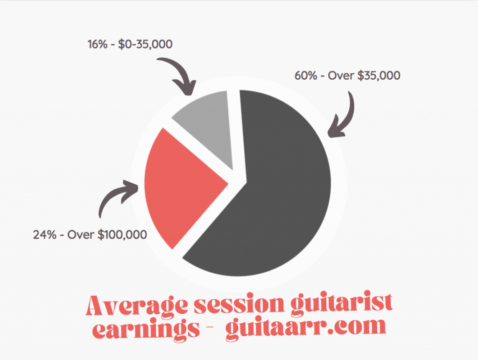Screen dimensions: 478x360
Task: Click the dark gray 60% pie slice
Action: [x=274, y=195]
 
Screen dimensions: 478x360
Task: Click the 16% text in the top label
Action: [x=98, y=44]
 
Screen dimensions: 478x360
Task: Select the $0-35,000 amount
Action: [x=146, y=44]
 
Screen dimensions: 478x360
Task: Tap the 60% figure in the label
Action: [x=306, y=76]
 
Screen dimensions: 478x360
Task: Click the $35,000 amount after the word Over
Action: [x=379, y=76]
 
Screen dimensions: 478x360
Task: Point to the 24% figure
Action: [x=44, y=235]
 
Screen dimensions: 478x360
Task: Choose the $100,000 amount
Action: [x=122, y=235]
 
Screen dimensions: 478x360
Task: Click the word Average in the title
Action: [x=137, y=305]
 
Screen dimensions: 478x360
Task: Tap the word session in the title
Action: [x=239, y=305]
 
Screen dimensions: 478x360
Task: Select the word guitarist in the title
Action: [x=341, y=305]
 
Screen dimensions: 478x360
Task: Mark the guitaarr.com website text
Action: [x=306, y=328]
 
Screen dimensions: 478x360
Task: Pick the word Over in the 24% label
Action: [x=80, y=235]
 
